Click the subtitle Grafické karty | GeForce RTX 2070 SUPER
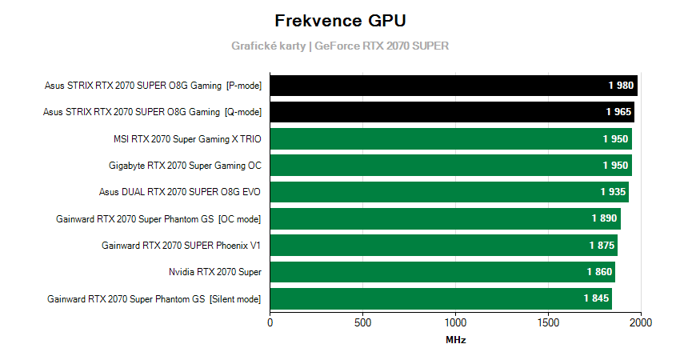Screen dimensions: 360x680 coord(340,46)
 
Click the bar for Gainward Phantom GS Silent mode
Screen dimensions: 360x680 coord(441,299)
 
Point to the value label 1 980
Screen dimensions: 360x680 coord(621,86)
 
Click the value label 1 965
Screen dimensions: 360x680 coord(618,112)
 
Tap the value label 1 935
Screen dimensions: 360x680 coord(613,192)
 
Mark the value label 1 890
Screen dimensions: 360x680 coord(605,219)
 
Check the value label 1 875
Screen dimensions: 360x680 coord(602,246)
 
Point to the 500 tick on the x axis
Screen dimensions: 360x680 coord(363,323)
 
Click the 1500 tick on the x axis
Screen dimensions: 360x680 coord(548,323)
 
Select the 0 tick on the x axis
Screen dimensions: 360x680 coord(270,323)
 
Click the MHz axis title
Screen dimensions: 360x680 coord(455,340)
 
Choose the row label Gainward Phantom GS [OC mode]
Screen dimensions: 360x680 coord(158,219)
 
